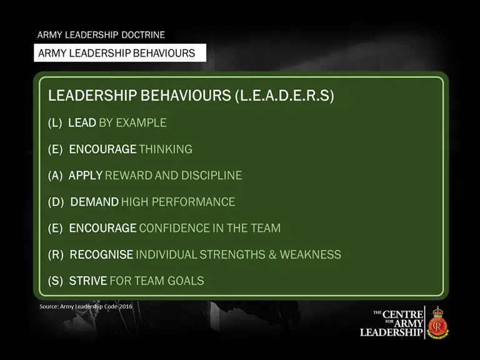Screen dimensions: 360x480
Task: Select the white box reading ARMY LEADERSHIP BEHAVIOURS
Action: coord(119,53)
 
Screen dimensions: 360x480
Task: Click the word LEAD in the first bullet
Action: coord(82,122)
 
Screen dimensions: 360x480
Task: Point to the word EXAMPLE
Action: coord(141,122)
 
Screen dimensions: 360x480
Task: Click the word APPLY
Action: coord(86,176)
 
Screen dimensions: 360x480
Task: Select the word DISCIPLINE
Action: coord(211,176)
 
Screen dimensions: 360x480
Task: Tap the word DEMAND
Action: coord(94,202)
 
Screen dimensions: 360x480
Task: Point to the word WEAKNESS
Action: coord(310,254)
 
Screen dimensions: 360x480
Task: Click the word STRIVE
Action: coord(88,281)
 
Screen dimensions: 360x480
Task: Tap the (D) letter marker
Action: coord(56,202)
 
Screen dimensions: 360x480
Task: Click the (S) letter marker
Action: coord(56,281)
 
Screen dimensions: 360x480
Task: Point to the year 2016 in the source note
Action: coord(124,306)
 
